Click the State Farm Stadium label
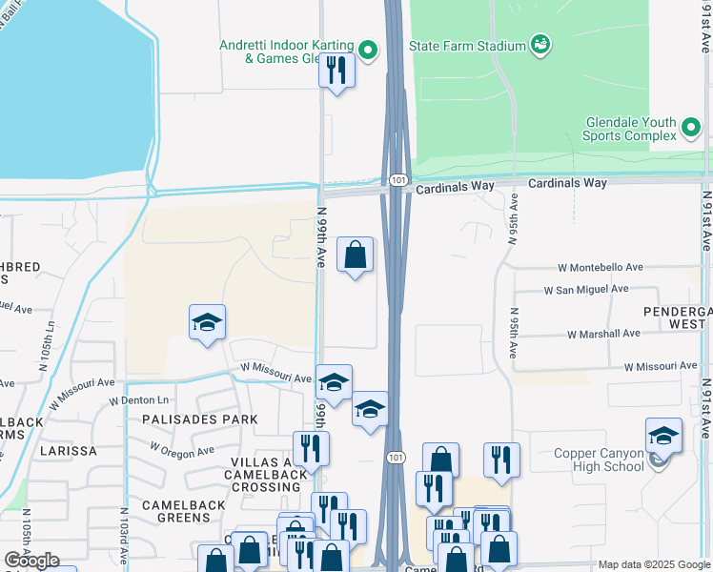pyautogui.click(x=467, y=45)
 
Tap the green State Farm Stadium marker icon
pyautogui.click(x=540, y=44)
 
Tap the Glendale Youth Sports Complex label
pyautogui.click(x=630, y=129)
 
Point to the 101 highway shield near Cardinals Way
pyautogui.click(x=397, y=179)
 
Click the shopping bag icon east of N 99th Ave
pyautogui.click(x=355, y=255)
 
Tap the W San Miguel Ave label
pyautogui.click(x=586, y=289)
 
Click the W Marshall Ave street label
pyautogui.click(x=603, y=334)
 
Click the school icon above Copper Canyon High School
pyautogui.click(x=663, y=436)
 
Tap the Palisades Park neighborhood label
pyautogui.click(x=200, y=419)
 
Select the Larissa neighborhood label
pyautogui.click(x=69, y=450)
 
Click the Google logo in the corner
pyautogui.click(x=31, y=561)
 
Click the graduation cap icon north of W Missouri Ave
pyautogui.click(x=207, y=322)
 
